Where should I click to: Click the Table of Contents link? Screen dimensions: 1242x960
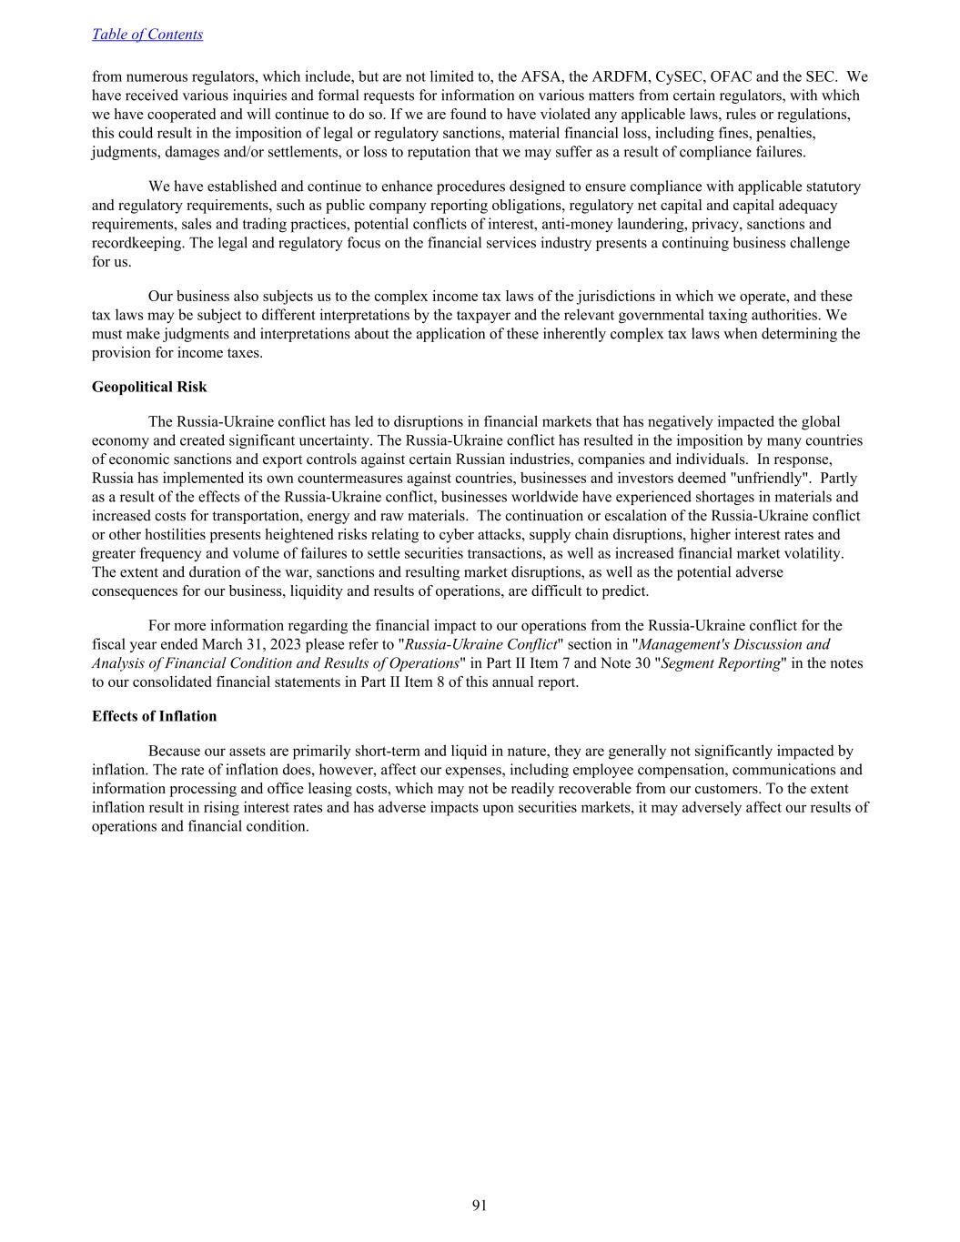(147, 35)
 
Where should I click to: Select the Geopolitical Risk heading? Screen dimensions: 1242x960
(149, 387)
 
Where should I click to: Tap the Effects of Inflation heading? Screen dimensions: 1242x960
(154, 716)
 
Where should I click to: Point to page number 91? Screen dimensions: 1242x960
(480, 1206)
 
